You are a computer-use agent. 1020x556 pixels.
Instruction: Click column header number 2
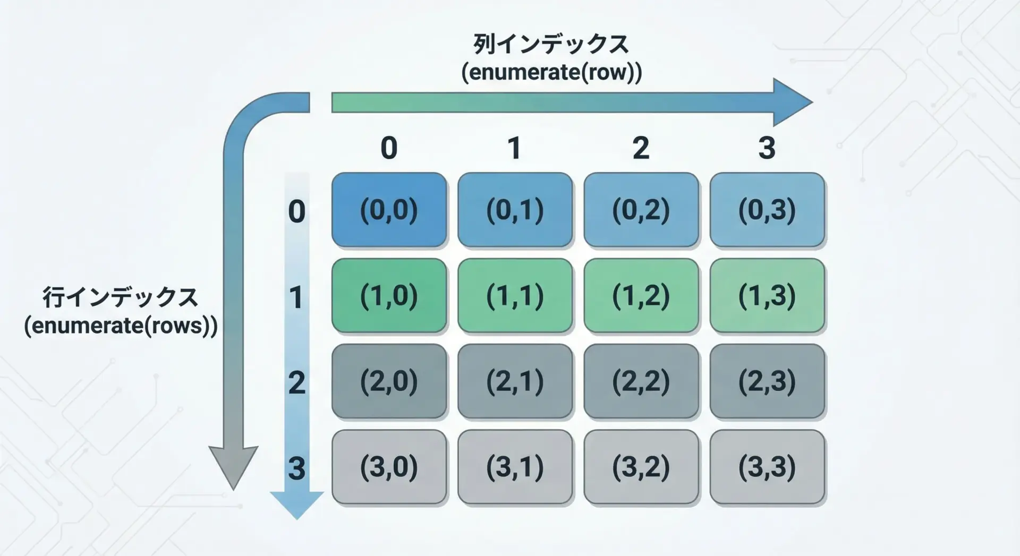(x=641, y=148)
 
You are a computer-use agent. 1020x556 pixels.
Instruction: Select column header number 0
(x=389, y=148)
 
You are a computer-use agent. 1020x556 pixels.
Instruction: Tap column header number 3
(x=767, y=148)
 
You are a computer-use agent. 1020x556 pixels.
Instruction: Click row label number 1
(x=296, y=297)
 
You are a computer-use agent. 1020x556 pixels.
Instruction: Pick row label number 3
(x=296, y=468)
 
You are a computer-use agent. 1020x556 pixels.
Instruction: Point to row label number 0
(x=296, y=211)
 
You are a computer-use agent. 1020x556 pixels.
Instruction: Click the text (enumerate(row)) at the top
(x=551, y=72)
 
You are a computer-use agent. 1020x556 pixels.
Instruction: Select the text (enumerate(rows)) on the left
(x=121, y=326)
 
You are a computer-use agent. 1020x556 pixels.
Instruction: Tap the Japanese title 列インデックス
(x=551, y=44)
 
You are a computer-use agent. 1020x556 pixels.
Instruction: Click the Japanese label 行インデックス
(x=121, y=297)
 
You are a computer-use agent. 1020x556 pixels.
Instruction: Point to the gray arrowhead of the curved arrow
(x=233, y=467)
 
